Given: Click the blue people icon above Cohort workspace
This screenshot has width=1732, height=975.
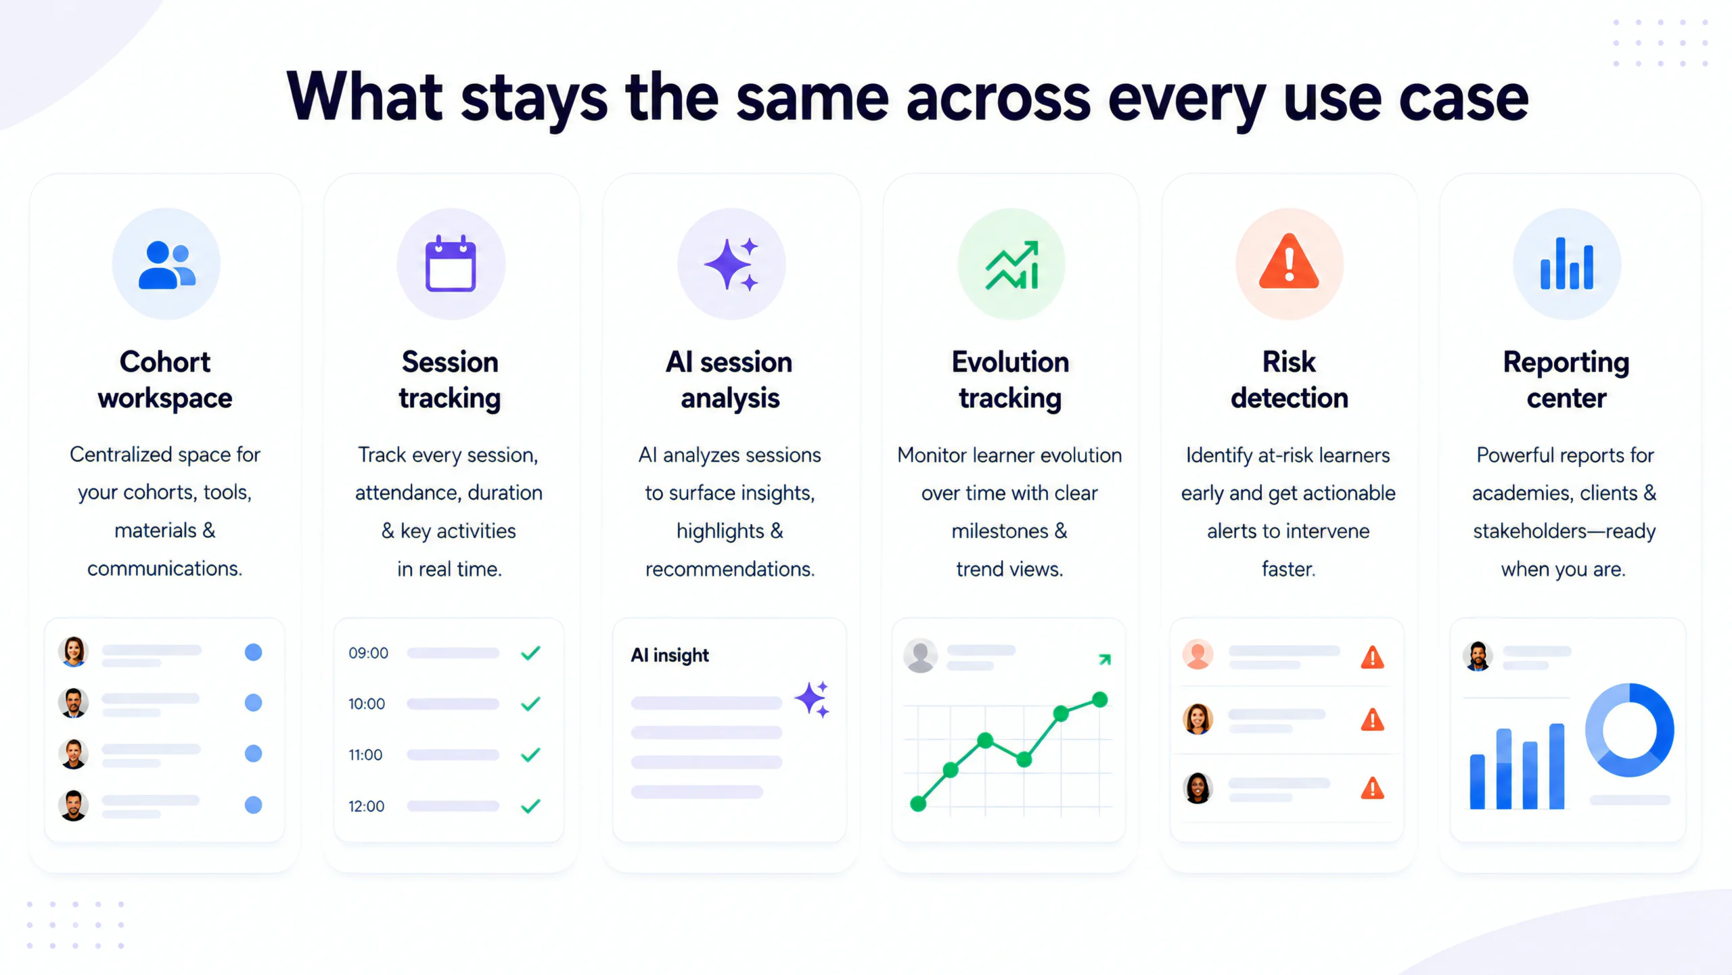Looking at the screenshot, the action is pyautogui.click(x=166, y=265).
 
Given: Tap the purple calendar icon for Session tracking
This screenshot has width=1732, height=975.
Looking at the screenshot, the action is pyautogui.click(x=451, y=264).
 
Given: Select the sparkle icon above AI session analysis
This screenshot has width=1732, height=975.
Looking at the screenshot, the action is pyautogui.click(x=731, y=265).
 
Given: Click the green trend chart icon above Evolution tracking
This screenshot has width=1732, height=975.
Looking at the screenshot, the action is pyautogui.click(x=1011, y=265).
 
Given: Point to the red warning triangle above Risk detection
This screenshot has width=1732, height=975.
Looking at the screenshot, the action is pyautogui.click(x=1289, y=261).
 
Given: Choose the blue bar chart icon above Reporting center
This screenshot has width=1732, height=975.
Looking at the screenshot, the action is pyautogui.click(x=1567, y=263).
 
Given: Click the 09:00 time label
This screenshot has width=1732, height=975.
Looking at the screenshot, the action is pyautogui.click(x=368, y=653).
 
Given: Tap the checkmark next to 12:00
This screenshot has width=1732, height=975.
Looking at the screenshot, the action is pyautogui.click(x=531, y=806).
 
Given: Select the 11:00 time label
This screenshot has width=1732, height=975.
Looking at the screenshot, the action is pyautogui.click(x=365, y=754).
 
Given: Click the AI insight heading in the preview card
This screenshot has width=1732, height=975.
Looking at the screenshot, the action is pyautogui.click(x=670, y=655).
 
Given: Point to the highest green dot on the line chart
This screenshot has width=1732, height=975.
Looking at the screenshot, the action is pyautogui.click(x=1100, y=699).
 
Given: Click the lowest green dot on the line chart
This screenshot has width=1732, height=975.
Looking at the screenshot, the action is pyautogui.click(x=918, y=804).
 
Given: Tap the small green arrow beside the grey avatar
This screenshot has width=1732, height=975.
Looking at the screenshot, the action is pyautogui.click(x=1105, y=659).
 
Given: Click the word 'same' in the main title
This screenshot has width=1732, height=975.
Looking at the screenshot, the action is pyautogui.click(x=811, y=97).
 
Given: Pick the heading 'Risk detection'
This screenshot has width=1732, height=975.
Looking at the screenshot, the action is pyautogui.click(x=1290, y=380).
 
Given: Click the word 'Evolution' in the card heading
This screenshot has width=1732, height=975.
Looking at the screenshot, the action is pyautogui.click(x=1011, y=362).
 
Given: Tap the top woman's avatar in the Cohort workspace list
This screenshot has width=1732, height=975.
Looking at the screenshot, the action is pyautogui.click(x=73, y=652).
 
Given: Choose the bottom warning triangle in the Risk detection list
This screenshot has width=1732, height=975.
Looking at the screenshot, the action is pyautogui.click(x=1372, y=788).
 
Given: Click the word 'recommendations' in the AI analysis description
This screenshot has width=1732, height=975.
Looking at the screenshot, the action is pyautogui.click(x=729, y=569).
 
